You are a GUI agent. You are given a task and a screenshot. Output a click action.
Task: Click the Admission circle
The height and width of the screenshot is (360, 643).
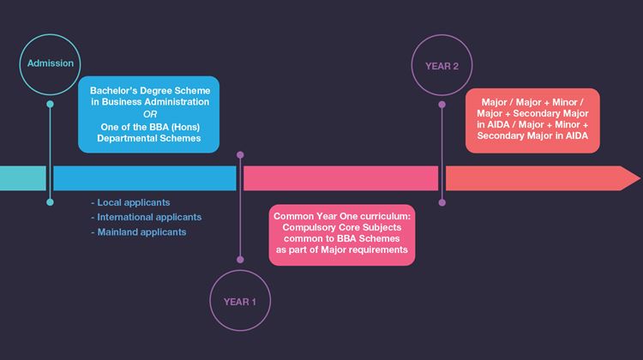(x=50, y=63)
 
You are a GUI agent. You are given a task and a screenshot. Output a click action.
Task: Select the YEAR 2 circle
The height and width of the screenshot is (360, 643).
(x=442, y=65)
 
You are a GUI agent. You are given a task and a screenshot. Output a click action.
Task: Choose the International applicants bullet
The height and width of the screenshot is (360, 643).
(x=146, y=218)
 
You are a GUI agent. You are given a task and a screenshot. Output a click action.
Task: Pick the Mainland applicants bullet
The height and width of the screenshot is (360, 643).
(x=138, y=232)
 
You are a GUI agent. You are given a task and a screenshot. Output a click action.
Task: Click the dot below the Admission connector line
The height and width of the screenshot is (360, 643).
(x=50, y=202)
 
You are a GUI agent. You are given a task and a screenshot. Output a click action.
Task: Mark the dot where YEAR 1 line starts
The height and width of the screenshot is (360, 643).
(x=240, y=155)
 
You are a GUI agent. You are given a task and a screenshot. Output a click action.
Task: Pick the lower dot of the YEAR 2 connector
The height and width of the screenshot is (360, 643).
(x=442, y=203)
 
